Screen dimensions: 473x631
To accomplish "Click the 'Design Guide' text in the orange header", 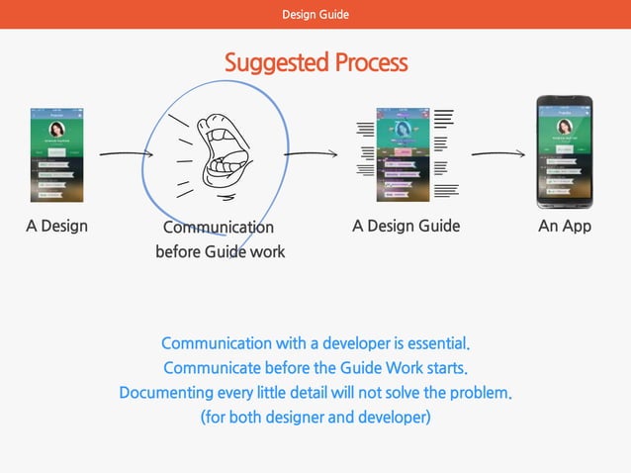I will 315,14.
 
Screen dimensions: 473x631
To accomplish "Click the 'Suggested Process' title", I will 315,62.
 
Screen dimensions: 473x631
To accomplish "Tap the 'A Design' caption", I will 56,226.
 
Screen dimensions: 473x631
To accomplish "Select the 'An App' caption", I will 564,226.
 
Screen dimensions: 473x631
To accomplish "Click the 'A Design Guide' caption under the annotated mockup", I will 406,226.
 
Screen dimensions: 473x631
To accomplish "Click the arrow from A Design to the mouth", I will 127,153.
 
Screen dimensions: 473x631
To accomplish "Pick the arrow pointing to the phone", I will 497,153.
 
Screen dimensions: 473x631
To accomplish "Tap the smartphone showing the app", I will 564,152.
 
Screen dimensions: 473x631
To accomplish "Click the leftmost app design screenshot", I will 57,154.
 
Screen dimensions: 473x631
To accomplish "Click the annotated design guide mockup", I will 406,154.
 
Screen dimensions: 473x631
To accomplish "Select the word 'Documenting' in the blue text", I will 164,393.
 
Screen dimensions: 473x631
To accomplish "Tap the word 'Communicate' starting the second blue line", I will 211,368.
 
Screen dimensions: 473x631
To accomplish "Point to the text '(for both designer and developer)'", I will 315,417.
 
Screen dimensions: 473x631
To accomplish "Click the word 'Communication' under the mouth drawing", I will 219,228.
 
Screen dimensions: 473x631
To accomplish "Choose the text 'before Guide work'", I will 220,251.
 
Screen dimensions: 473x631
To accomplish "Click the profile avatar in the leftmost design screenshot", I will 57,130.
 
